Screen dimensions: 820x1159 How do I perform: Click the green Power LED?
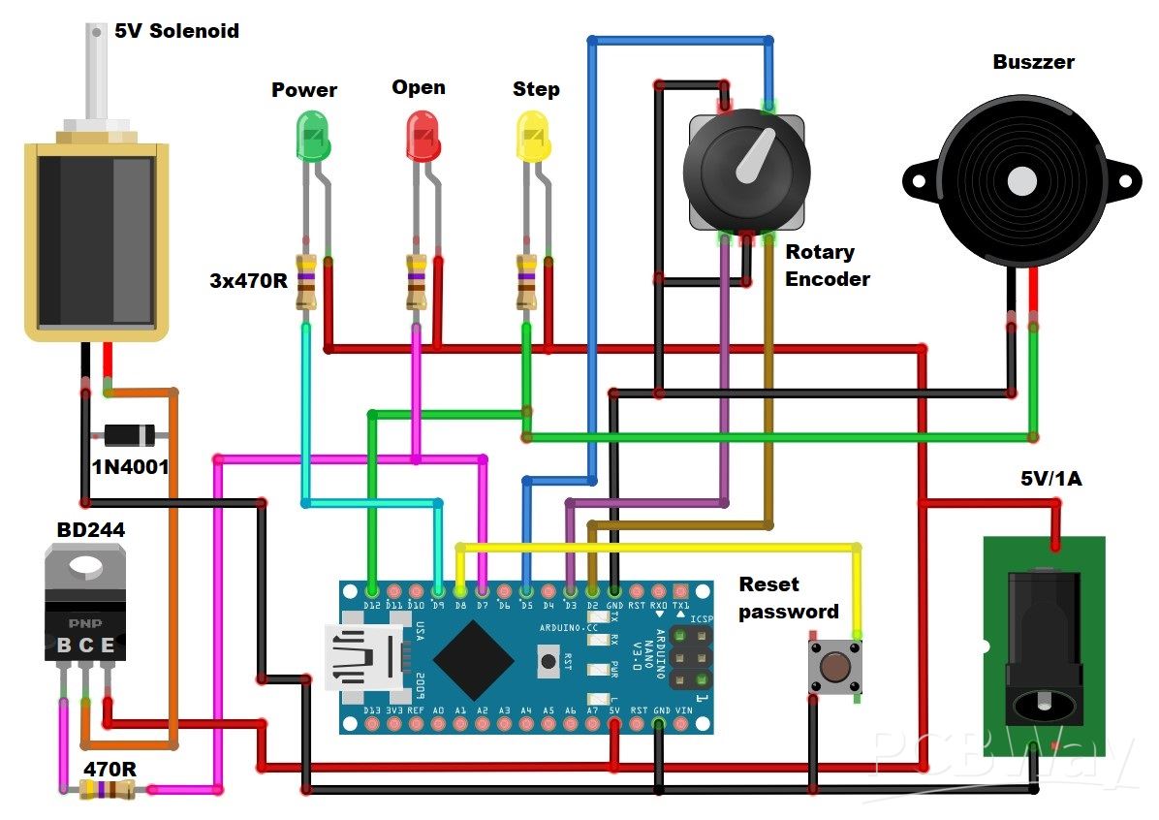(x=313, y=136)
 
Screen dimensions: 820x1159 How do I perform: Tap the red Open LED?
(x=423, y=135)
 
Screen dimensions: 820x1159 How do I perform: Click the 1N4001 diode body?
(x=130, y=435)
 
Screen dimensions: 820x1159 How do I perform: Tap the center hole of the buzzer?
(x=1021, y=181)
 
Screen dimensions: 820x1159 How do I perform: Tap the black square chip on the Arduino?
(x=474, y=659)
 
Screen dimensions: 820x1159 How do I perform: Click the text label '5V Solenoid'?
(x=176, y=31)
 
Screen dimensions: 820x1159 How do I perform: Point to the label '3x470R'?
(x=249, y=281)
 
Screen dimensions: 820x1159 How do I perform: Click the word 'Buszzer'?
(x=1033, y=62)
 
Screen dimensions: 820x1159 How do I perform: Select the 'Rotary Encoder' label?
(x=827, y=266)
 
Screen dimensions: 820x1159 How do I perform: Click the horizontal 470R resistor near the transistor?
(x=107, y=790)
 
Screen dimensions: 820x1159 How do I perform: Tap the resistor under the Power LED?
(x=306, y=282)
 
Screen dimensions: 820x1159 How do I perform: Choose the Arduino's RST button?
(x=548, y=662)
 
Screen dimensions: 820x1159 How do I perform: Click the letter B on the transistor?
(x=63, y=646)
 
